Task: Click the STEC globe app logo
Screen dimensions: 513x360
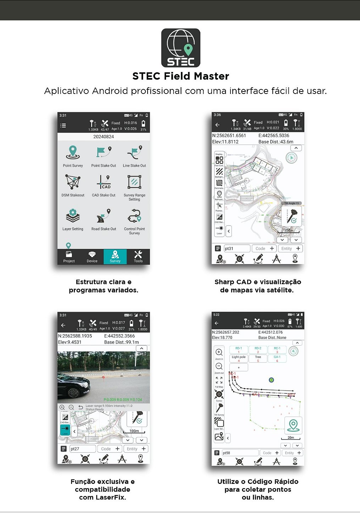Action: click(181, 48)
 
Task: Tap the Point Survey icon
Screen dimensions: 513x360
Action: click(73, 152)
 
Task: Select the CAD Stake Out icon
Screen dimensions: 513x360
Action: click(104, 182)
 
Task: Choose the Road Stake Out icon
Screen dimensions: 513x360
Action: click(104, 216)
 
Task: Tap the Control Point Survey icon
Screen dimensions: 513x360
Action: click(134, 216)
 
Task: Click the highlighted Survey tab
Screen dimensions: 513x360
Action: click(115, 256)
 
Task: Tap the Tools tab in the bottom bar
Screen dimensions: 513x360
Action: click(138, 256)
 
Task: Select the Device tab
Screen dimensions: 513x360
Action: click(92, 256)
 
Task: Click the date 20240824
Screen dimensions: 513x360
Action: click(104, 136)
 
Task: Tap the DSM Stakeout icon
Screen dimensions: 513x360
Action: click(73, 182)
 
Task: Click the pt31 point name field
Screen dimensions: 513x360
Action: click(237, 249)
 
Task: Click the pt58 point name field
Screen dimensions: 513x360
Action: click(240, 453)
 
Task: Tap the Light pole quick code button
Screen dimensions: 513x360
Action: click(239, 358)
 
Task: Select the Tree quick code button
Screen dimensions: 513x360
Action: click(258, 358)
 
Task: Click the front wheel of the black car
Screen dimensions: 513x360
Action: click(73, 393)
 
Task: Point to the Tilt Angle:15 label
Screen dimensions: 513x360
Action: click(292, 203)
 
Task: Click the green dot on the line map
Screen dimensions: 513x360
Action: click(271, 380)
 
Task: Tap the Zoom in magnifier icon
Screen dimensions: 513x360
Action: click(219, 352)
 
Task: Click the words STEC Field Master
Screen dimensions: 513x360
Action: click(181, 76)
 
